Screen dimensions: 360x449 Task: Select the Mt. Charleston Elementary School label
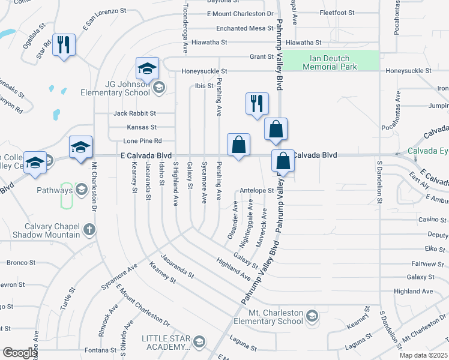277,316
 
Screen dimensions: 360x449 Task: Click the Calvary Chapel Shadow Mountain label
53,230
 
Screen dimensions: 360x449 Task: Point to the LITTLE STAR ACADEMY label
166,343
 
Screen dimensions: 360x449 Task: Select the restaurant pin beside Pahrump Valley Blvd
257,102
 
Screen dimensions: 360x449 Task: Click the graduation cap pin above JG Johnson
146,69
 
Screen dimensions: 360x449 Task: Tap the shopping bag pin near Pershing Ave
238,145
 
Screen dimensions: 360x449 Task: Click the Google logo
20,353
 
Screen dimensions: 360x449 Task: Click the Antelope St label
256,190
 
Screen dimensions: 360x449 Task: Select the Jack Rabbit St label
134,113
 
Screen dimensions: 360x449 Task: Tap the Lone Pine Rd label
142,141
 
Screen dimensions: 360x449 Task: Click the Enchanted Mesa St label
240,28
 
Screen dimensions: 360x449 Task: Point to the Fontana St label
101,350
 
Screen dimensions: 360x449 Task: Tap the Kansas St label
142,127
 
